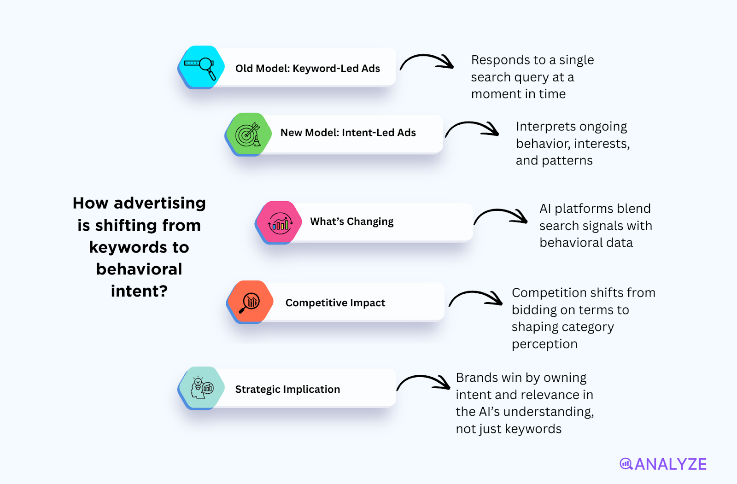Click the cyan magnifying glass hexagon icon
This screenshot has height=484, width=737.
tap(201, 68)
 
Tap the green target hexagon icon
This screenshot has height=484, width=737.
tap(248, 134)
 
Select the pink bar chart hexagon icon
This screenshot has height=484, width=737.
tap(279, 223)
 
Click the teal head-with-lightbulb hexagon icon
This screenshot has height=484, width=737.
tap(201, 388)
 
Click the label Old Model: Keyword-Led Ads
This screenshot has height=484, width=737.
tap(307, 69)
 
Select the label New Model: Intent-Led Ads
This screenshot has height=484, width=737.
tap(348, 133)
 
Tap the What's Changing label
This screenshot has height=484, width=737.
tap(351, 222)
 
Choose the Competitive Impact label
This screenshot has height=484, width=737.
tap(335, 303)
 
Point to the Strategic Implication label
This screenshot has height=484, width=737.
tap(287, 390)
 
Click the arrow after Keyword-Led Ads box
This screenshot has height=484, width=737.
tap(427, 62)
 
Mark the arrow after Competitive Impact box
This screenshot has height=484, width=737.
tap(475, 298)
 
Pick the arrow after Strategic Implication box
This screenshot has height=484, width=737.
tap(423, 383)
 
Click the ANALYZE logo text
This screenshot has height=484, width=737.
tap(670, 464)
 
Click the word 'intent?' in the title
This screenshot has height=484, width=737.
tap(139, 291)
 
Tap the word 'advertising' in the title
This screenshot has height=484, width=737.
tap(159, 203)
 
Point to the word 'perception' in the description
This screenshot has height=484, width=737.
tap(544, 344)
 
